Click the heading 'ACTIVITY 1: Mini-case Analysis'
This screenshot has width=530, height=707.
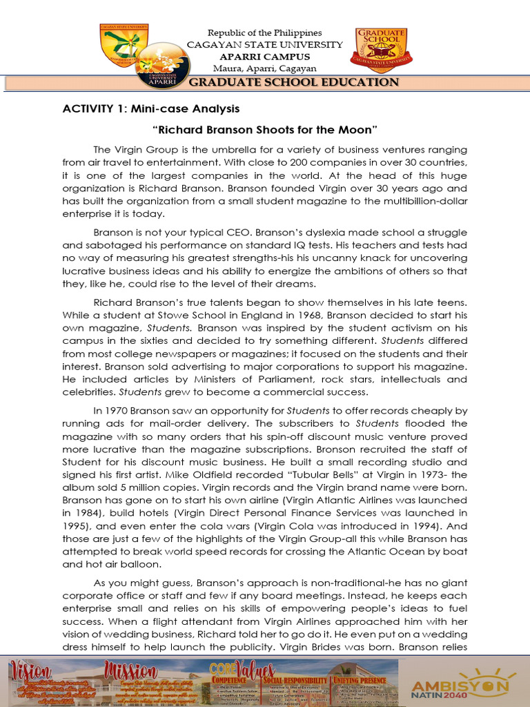tap(151, 108)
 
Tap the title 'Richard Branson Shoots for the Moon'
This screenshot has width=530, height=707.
tap(264, 129)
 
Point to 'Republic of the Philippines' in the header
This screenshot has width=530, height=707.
tap(265, 33)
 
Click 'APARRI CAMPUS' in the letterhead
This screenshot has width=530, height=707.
tap(265, 57)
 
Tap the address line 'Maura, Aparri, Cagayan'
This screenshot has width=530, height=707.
tap(265, 68)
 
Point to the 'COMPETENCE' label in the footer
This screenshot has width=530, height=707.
tap(225, 679)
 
